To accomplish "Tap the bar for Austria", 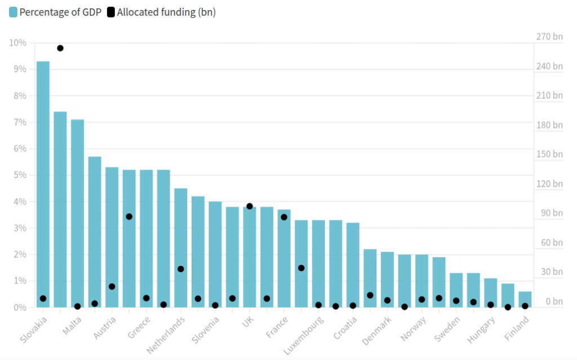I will click(x=112, y=237).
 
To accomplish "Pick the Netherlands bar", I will click(x=180, y=247).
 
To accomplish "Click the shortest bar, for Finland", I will click(x=525, y=299).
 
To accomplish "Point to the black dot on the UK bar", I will click(x=250, y=206).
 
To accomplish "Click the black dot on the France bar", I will click(x=284, y=217).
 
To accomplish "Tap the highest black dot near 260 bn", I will click(x=60, y=48).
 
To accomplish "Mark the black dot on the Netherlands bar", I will click(x=181, y=269).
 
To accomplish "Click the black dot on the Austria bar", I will click(x=112, y=286).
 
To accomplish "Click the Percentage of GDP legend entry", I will click(x=55, y=12).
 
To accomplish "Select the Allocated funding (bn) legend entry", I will click(x=161, y=12).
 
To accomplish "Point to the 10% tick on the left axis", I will click(x=18, y=43).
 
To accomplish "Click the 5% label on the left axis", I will click(x=20, y=175).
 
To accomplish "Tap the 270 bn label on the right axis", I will click(x=549, y=37).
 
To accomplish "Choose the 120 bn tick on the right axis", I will click(x=549, y=184).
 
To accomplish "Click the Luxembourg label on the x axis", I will click(x=305, y=335).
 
